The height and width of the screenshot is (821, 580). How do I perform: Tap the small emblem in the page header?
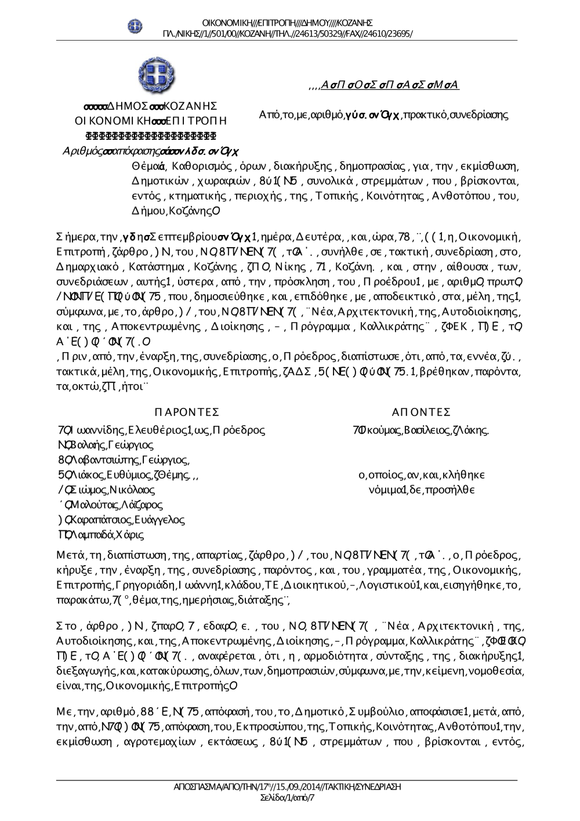click(x=135, y=26)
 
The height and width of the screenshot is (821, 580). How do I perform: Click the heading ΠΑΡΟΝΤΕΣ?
click(x=187, y=412)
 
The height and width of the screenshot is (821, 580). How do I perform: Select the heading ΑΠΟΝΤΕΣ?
click(x=421, y=412)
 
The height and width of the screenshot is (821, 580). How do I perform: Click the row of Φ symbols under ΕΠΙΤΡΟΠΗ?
click(x=151, y=136)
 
